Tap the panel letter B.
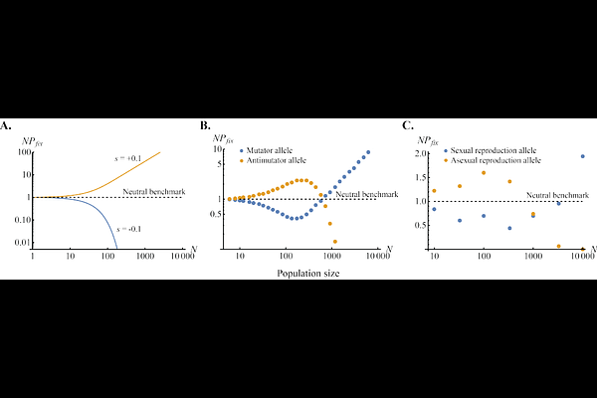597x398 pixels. [x=204, y=125]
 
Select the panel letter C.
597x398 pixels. [x=407, y=125]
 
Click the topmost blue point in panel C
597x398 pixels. [x=582, y=156]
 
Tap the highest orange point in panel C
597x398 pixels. [x=484, y=173]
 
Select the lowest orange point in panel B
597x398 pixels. [x=334, y=242]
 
